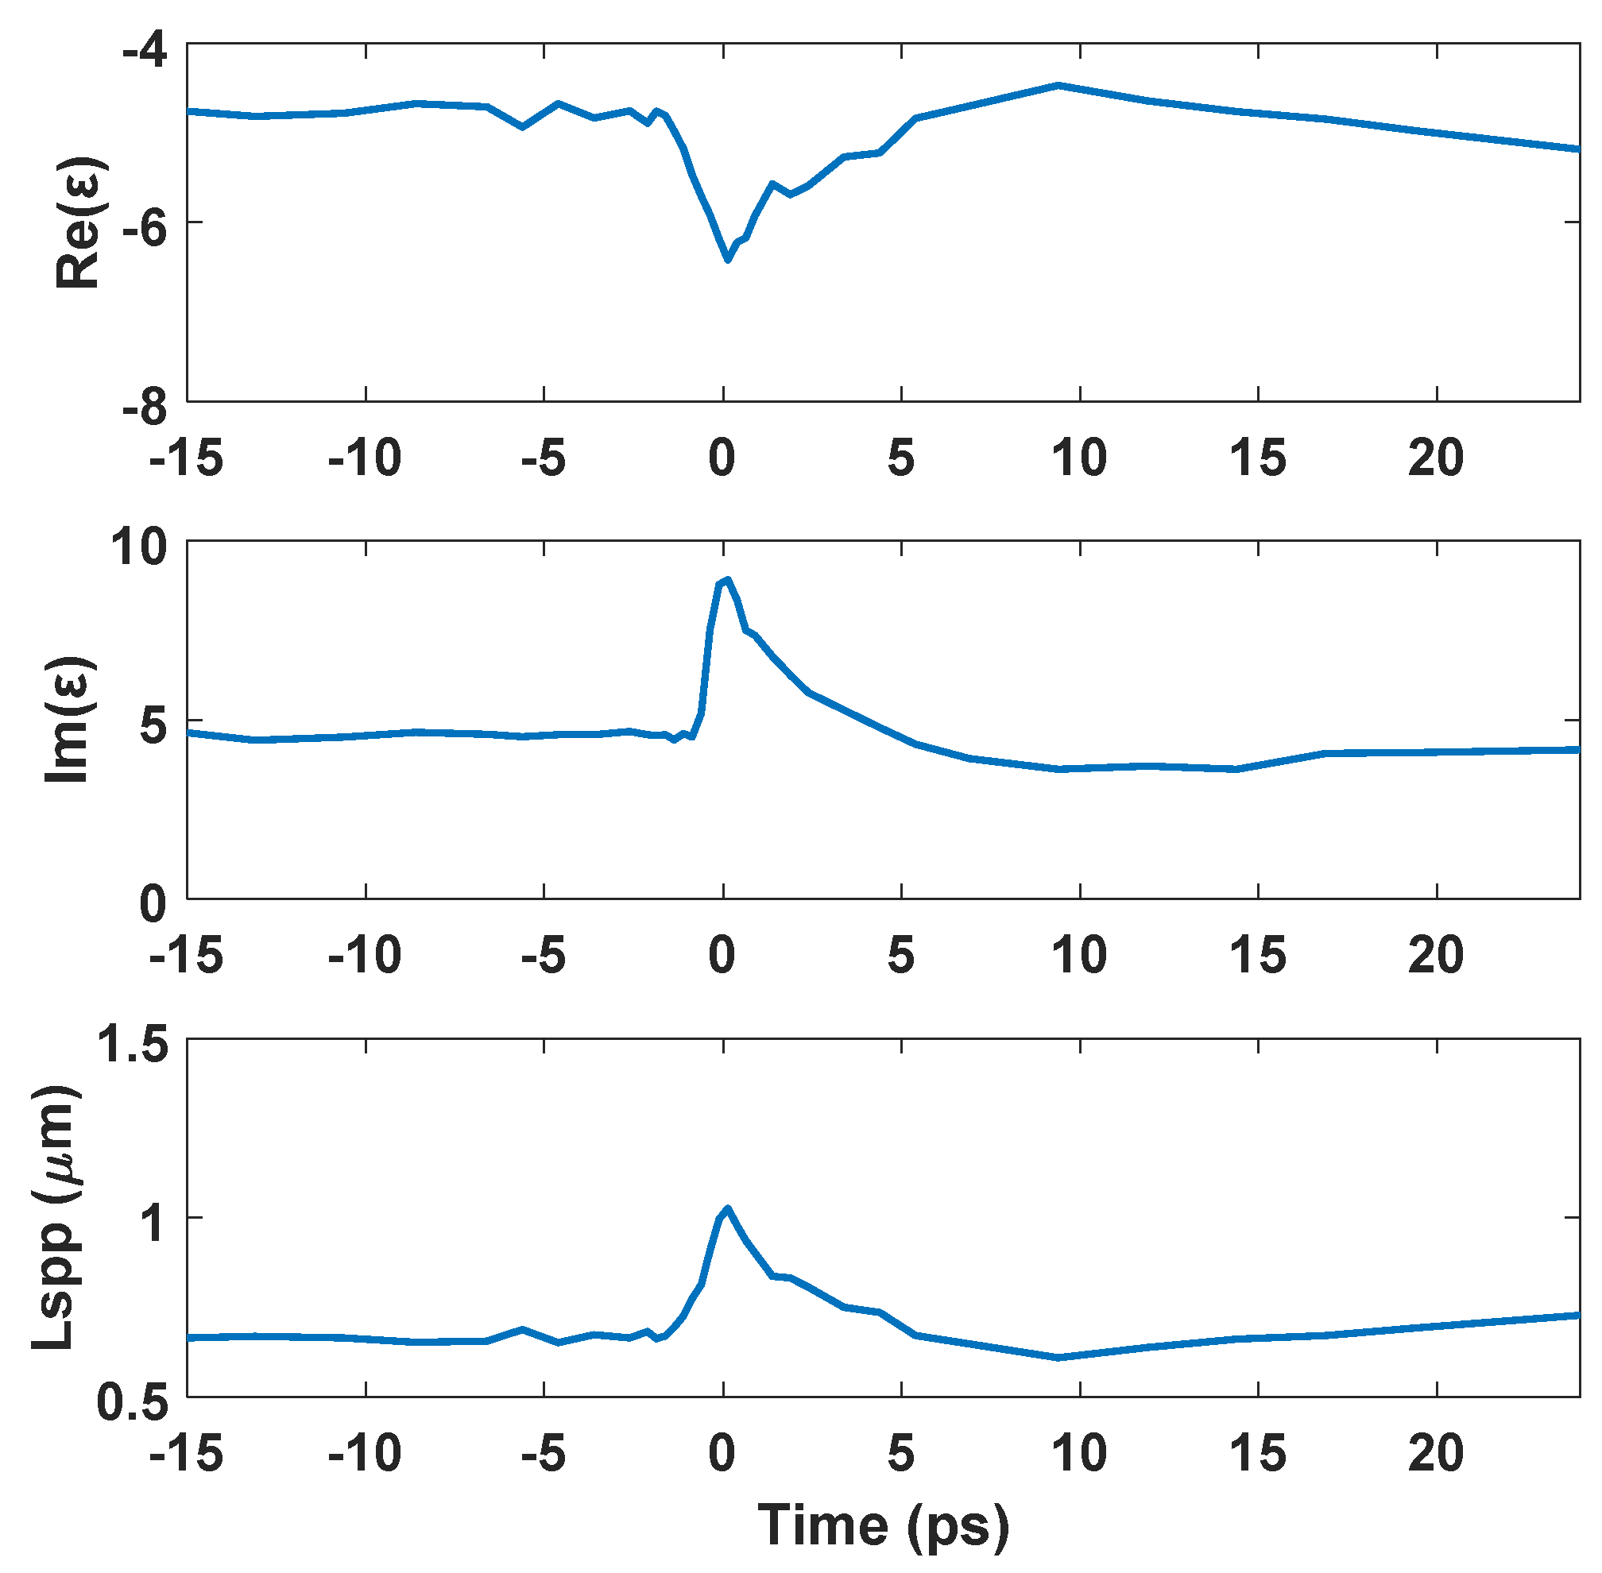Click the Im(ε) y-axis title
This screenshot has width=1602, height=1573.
(x=68, y=720)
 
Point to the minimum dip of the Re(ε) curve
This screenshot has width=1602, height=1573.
(x=727, y=261)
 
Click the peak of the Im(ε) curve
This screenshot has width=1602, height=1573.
(x=727, y=579)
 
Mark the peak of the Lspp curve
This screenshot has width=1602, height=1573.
(x=727, y=1208)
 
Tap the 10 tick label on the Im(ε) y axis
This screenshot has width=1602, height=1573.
(x=141, y=546)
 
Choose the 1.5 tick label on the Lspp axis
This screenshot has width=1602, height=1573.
(x=132, y=1043)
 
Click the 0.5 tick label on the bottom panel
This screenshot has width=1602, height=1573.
(x=132, y=1402)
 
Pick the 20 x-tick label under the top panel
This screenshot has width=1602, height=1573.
(x=1436, y=457)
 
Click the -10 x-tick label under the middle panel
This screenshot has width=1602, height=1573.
(x=365, y=955)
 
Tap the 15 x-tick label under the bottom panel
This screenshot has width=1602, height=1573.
(x=1257, y=1452)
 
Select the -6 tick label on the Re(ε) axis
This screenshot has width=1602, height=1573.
(x=145, y=228)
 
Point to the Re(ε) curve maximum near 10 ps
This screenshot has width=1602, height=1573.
(x=1058, y=85)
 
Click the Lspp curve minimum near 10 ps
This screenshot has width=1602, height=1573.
(x=1058, y=1358)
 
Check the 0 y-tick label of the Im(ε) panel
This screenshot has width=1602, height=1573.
(x=152, y=904)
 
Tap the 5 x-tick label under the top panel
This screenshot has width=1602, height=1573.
(x=900, y=457)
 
